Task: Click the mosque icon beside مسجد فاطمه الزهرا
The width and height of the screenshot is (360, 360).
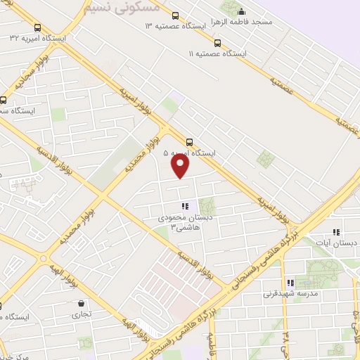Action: coord(242,11)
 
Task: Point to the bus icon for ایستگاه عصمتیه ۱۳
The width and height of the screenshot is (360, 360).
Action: coord(175,15)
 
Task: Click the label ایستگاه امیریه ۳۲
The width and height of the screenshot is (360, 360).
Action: coord(36,37)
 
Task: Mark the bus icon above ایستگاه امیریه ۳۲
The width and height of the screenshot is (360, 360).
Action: coord(37,27)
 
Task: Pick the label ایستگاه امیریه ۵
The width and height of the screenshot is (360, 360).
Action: coord(190,152)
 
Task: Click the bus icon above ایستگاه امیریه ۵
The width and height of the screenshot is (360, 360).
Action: coord(189,141)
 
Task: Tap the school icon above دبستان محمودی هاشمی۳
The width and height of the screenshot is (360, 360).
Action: coord(185,207)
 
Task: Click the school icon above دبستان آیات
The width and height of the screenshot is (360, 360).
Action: coord(336,232)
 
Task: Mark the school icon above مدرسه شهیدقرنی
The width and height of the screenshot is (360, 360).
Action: coord(290,283)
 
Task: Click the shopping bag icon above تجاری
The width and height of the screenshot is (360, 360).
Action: coord(82,304)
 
